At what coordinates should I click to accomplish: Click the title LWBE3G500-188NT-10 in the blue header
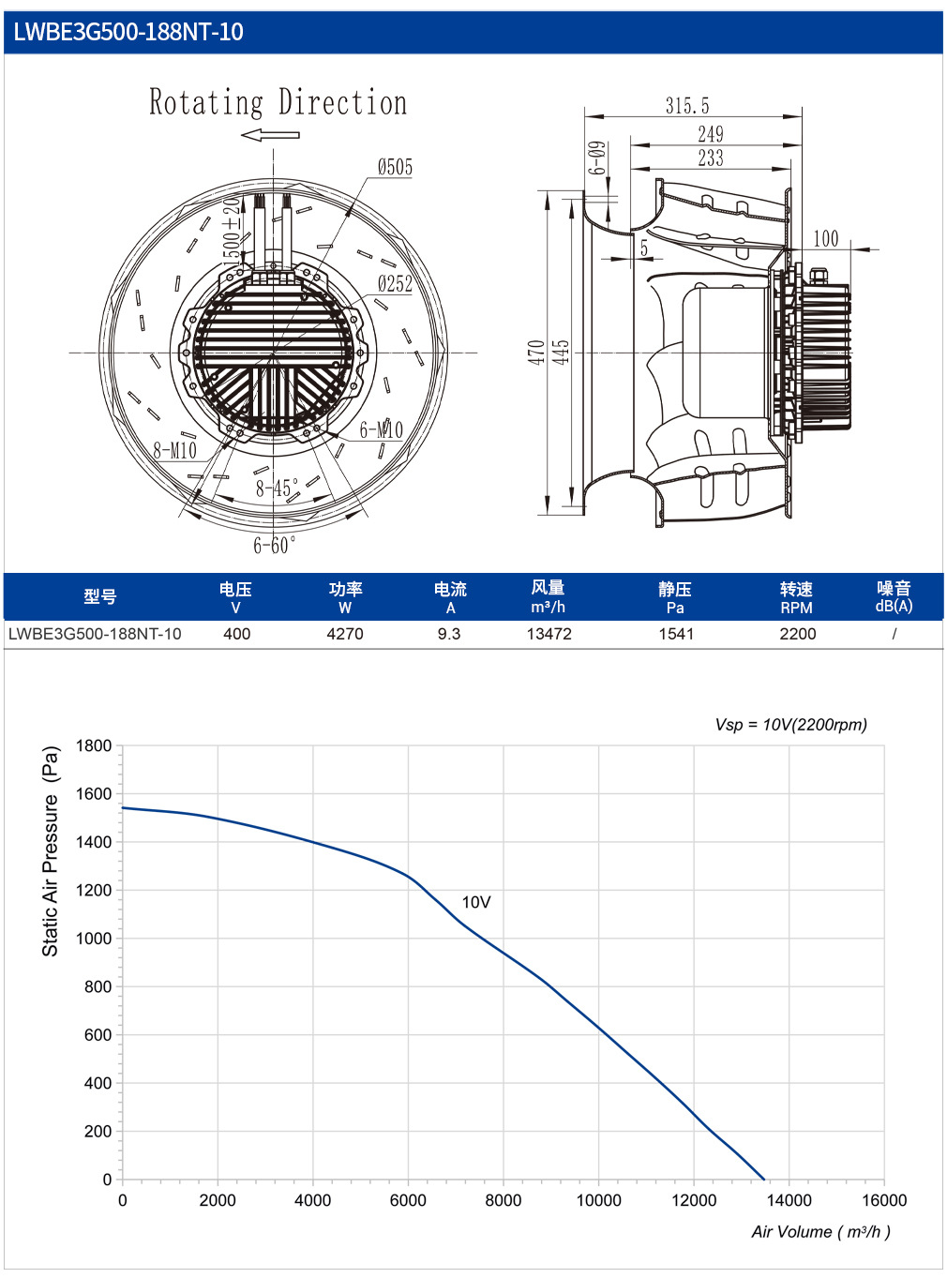[128, 32]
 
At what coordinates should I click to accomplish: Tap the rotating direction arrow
[270, 135]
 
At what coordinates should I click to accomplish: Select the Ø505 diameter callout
[395, 167]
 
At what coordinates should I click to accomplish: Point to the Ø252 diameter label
[395, 283]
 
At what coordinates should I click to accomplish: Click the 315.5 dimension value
[687, 105]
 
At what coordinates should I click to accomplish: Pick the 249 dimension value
[710, 134]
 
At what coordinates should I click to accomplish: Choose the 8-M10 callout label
[174, 450]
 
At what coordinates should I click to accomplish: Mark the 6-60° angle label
[275, 545]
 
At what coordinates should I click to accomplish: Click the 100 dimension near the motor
[825, 238]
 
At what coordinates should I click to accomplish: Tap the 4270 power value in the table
[345, 634]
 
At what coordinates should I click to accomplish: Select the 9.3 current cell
[448, 634]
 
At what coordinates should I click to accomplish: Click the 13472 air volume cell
[549, 634]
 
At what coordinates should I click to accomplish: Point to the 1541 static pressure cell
[676, 634]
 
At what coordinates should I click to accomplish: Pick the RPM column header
[796, 608]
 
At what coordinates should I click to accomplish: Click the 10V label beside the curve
[476, 902]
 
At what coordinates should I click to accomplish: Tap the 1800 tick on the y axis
[94, 745]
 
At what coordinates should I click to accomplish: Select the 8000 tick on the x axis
[503, 1200]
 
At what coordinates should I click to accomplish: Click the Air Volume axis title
[820, 1232]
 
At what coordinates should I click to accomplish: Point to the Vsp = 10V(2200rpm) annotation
[790, 724]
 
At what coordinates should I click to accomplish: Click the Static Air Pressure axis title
[51, 851]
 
